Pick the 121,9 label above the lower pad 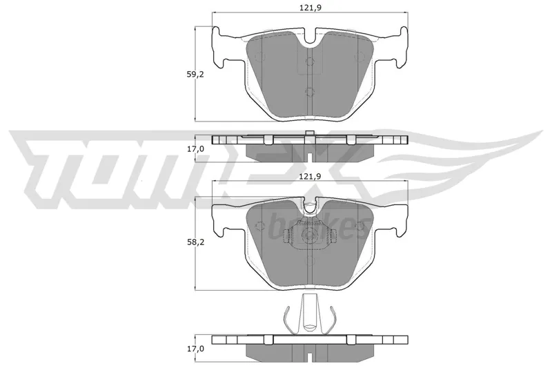tap(310, 177)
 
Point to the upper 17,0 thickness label tap(195, 148)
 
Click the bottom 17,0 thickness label tap(195, 349)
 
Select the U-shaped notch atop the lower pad tap(310, 206)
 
